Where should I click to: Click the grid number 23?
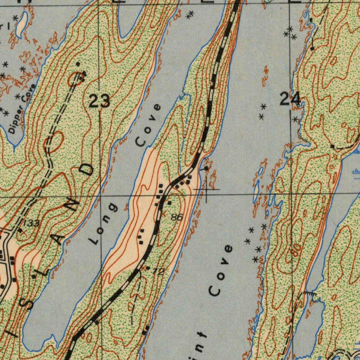click(x=99, y=101)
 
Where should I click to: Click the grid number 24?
click(x=290, y=98)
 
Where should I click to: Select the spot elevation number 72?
click(x=159, y=271)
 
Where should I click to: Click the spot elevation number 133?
click(x=32, y=223)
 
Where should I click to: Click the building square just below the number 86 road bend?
click(x=169, y=203)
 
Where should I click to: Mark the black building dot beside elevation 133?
click(x=20, y=231)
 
